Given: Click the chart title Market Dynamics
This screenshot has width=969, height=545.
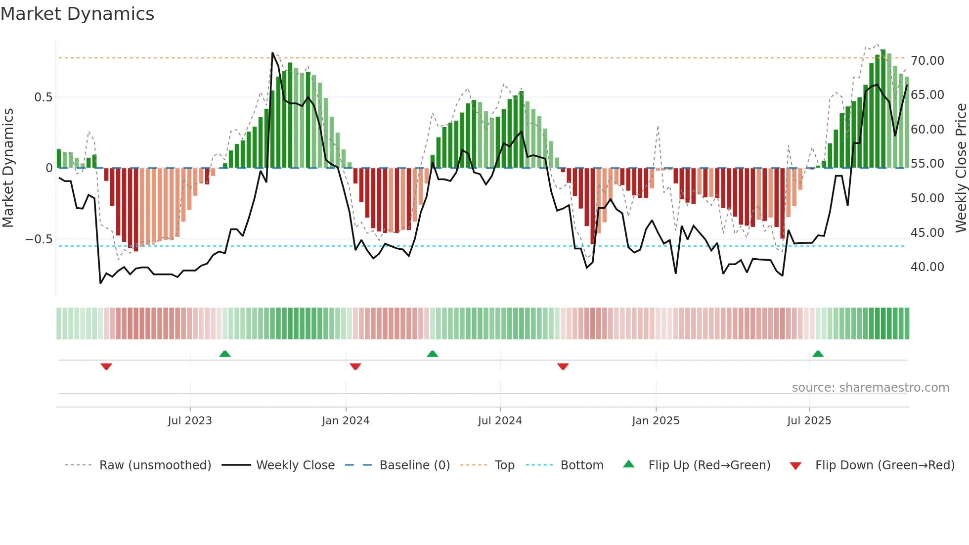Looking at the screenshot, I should click(x=78, y=14).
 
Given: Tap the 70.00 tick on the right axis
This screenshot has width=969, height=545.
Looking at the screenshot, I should click(x=927, y=61).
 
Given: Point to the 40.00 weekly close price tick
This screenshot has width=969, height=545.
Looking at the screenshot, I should click(x=927, y=267).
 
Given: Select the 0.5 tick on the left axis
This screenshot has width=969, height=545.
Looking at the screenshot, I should click(x=43, y=97).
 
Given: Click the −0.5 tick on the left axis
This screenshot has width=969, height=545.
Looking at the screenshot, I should click(x=39, y=239).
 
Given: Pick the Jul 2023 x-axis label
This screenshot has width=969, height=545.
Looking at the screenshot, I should click(x=190, y=421).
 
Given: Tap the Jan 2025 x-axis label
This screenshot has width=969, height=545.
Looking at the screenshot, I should click(x=656, y=421).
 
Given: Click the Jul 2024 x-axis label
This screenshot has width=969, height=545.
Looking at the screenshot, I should click(x=500, y=421).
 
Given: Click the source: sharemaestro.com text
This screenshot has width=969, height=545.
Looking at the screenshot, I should click(x=870, y=388).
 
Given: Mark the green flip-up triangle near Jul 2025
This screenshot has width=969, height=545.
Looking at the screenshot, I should click(x=818, y=354).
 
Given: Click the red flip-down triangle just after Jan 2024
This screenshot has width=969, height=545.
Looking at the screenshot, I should click(x=355, y=366).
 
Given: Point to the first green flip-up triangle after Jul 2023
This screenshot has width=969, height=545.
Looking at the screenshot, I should click(x=225, y=354).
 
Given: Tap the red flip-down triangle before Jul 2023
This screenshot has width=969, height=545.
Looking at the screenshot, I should click(x=106, y=366).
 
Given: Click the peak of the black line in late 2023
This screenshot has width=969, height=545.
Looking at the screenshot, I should click(x=272, y=53).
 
